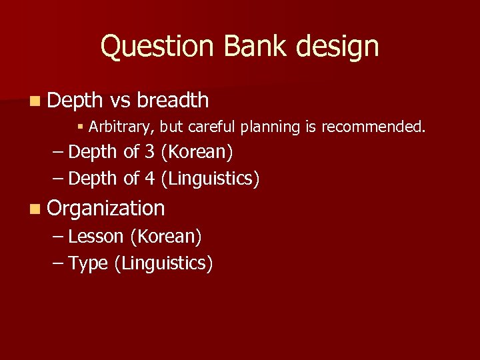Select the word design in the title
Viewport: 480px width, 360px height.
coord(339,47)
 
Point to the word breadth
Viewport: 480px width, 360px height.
coord(173,100)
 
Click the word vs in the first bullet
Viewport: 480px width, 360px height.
coord(120,100)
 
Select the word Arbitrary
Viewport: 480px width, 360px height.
coord(119,127)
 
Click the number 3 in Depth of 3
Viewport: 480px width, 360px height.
coord(150,152)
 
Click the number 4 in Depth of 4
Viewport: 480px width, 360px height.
coord(150,179)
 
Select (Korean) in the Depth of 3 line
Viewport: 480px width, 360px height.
coord(197,152)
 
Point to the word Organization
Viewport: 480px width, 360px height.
coord(106,208)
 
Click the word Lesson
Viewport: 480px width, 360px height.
coord(96,237)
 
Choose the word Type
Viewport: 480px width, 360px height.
coord(88,264)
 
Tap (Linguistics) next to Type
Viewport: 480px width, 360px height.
coord(164,264)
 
